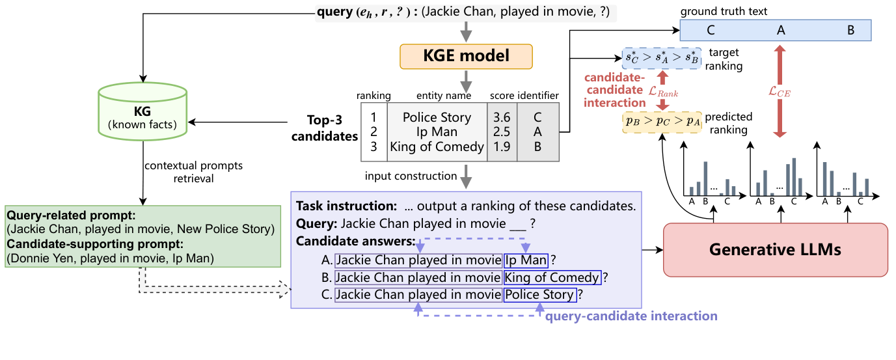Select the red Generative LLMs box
point(775,249)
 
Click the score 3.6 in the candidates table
point(502,118)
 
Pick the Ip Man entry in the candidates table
point(437,132)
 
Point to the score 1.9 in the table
point(502,146)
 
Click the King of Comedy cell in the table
point(437,146)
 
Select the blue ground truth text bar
point(775,30)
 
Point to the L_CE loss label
point(779,93)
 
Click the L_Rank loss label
point(663,93)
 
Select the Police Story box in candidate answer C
point(540,295)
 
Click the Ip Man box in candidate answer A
point(526,260)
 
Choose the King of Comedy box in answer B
point(552,278)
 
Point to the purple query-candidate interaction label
point(631,316)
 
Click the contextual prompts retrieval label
point(194,171)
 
